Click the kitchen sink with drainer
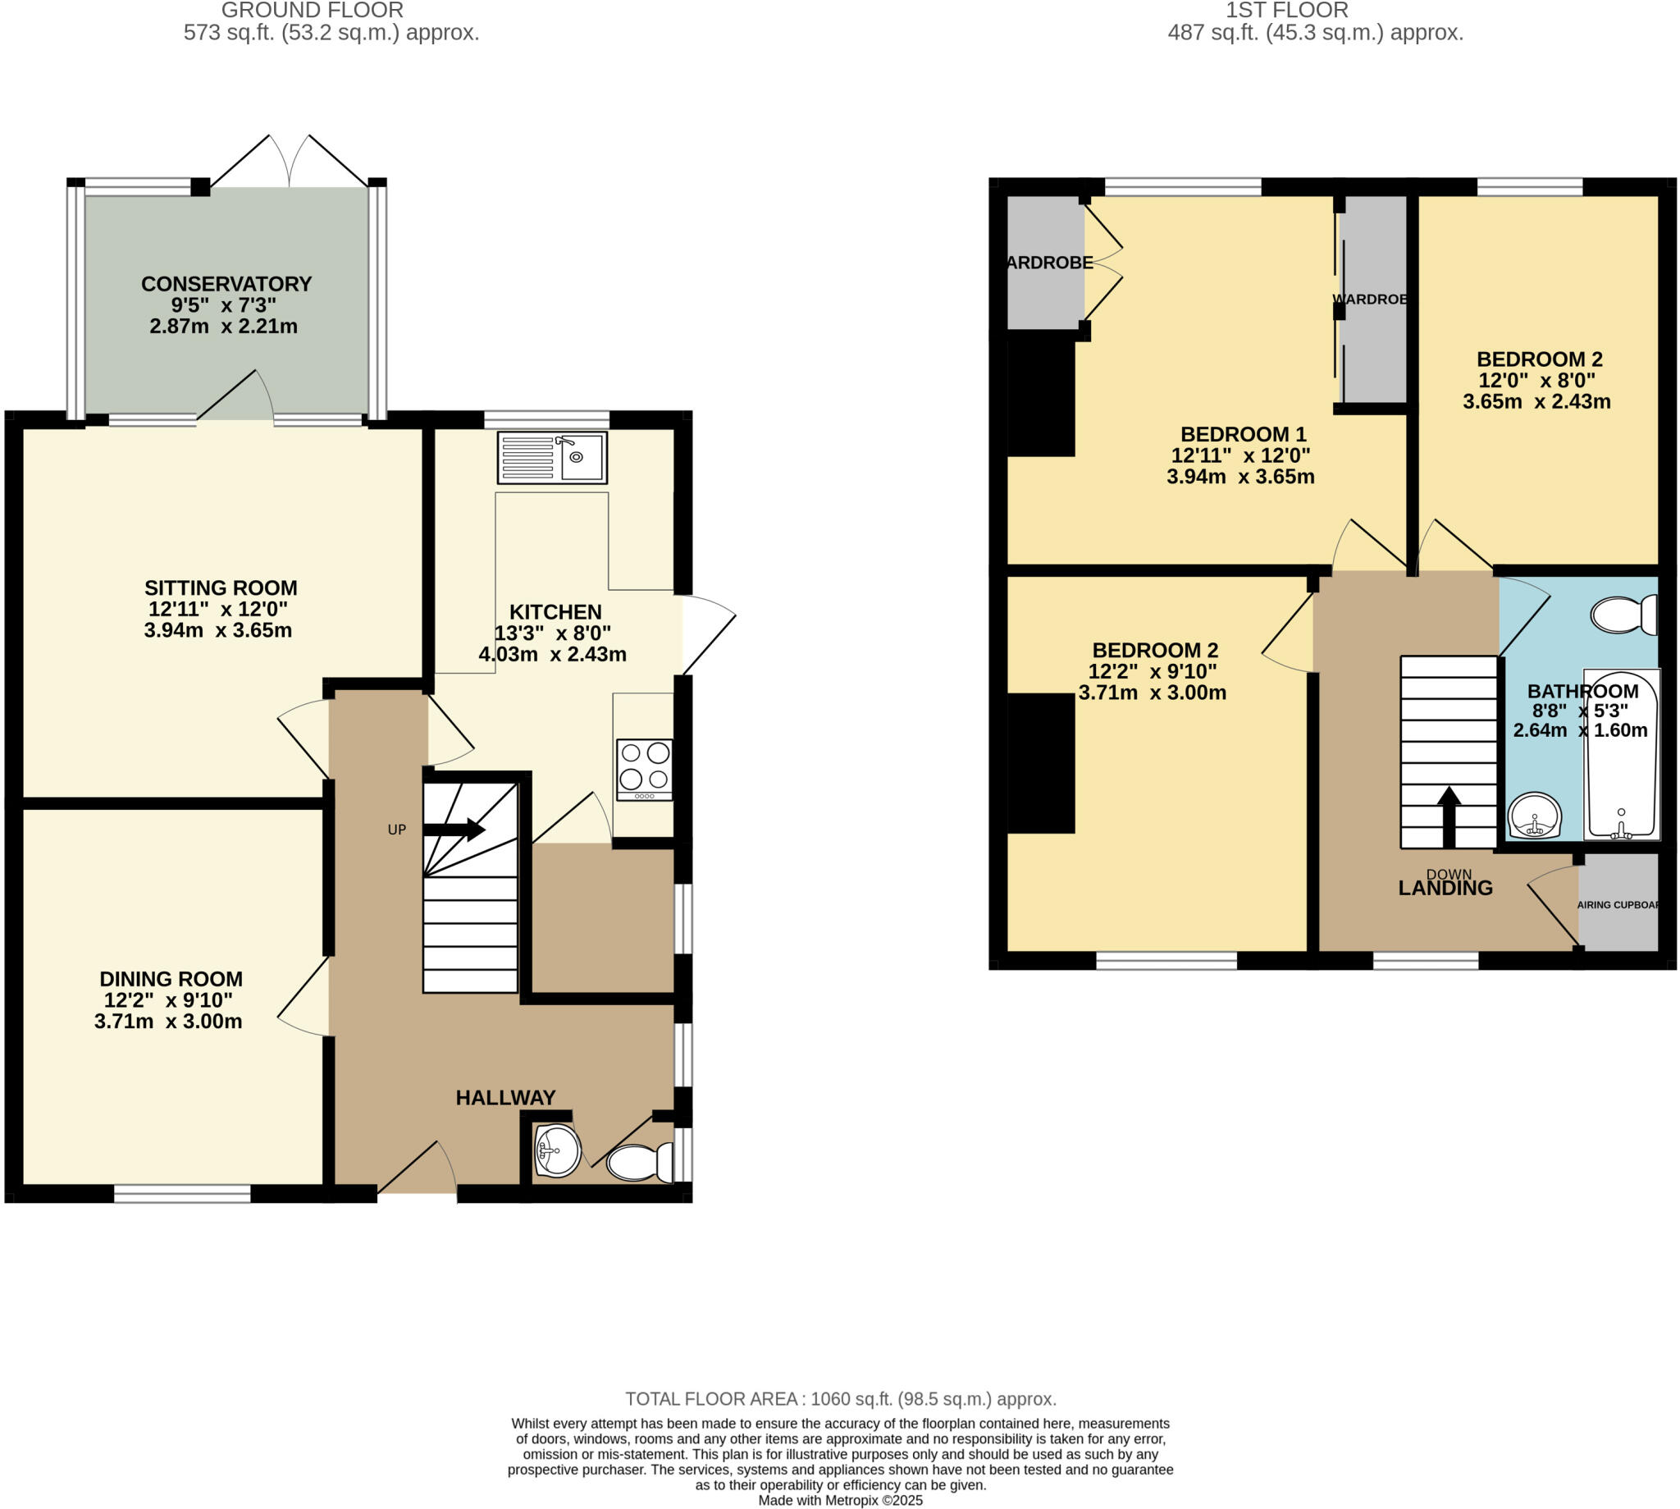pos(552,457)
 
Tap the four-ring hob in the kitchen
pos(644,768)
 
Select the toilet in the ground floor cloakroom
pos(639,1163)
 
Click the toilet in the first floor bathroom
pos(1623,615)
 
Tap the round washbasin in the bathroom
pos(1533,816)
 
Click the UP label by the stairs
pos(397,829)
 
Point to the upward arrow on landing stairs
pos(1449,816)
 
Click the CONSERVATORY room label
pos(226,284)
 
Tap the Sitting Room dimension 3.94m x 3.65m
pos(218,630)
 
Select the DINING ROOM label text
pos(171,978)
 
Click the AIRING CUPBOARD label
pos(1617,904)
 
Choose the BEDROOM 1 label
pos(1243,433)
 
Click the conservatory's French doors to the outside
pos(290,162)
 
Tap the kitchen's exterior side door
pos(708,635)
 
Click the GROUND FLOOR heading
pos(313,11)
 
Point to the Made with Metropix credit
pos(839,1500)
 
